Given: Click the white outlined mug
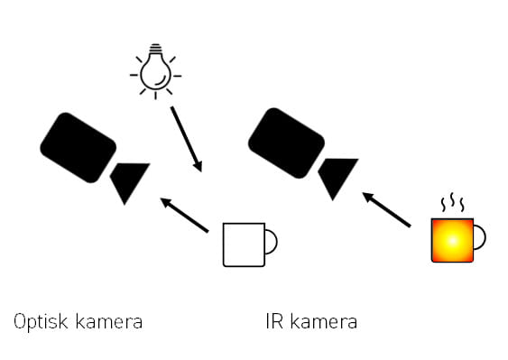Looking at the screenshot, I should pyautogui.click(x=244, y=244).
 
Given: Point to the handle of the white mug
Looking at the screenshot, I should pyautogui.click(x=271, y=244).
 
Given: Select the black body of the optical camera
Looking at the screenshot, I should pyautogui.click(x=79, y=143).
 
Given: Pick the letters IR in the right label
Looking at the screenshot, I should pyautogui.click(x=274, y=321).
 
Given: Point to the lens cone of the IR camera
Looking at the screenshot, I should pyautogui.click(x=337, y=176).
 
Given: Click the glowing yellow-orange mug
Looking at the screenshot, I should pyautogui.click(x=453, y=239).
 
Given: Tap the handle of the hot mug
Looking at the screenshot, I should pyautogui.click(x=480, y=238).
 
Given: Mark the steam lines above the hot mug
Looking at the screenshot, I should pyautogui.click(x=450, y=202).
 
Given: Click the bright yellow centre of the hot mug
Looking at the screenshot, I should pyautogui.click(x=452, y=240).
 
